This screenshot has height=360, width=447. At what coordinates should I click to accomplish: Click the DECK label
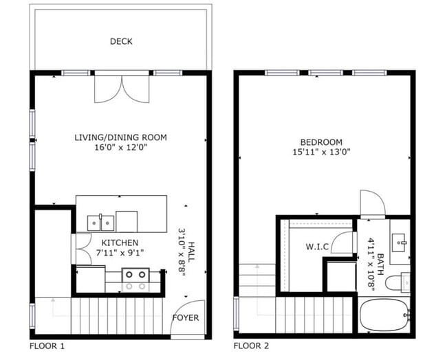(121, 42)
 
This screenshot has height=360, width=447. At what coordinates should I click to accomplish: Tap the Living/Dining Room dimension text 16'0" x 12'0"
(121, 148)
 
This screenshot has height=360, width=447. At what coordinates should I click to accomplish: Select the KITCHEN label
(120, 243)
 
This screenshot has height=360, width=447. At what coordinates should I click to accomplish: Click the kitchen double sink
(100, 223)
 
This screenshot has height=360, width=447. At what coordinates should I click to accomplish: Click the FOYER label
(186, 317)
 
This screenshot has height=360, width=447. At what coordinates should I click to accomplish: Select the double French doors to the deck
(122, 89)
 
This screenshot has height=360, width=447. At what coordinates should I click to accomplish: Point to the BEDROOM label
(321, 142)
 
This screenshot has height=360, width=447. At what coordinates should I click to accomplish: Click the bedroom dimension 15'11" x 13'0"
(321, 152)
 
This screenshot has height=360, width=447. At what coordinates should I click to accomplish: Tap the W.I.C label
(317, 247)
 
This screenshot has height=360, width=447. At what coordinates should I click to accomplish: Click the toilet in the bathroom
(397, 282)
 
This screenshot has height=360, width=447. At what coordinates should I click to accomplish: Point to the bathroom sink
(399, 243)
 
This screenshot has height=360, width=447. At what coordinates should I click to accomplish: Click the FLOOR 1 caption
(47, 346)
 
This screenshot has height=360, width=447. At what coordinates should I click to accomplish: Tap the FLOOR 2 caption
(251, 346)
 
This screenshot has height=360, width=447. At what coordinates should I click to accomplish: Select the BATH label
(380, 264)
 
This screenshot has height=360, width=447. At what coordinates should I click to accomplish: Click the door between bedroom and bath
(373, 204)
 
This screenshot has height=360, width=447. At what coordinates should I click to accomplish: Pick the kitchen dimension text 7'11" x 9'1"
(120, 253)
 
